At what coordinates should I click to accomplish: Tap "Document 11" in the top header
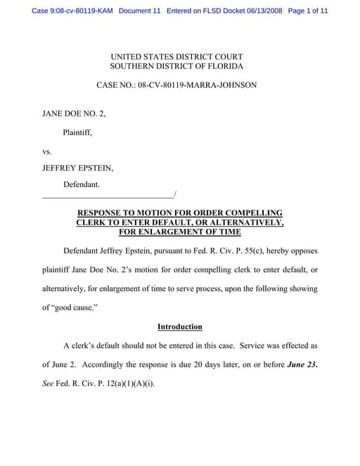coord(141,11)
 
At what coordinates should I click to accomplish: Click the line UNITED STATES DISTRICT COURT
coord(176,56)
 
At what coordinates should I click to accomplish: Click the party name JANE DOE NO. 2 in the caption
coord(74,112)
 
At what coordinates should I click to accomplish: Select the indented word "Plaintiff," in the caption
coord(77,131)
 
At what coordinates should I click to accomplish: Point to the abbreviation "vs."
coord(48,150)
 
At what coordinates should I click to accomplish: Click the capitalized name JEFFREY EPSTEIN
coord(77,168)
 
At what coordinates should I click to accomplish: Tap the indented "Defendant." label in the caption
coord(82,185)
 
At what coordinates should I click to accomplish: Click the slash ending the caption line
coord(174,194)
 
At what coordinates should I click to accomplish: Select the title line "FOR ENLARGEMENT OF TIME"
coord(179,232)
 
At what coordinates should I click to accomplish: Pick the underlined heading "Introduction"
coord(179,327)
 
